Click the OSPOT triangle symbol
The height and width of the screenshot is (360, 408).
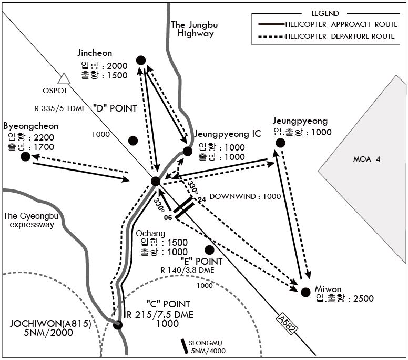[64, 79]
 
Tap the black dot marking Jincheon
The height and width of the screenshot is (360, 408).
[141, 61]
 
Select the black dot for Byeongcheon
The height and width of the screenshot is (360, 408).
[25, 156]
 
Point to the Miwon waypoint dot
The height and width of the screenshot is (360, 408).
[306, 292]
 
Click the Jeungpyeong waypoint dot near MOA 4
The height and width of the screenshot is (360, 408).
[280, 143]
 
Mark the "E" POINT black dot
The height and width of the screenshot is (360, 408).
[209, 250]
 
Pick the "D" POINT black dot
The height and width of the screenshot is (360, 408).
[133, 141]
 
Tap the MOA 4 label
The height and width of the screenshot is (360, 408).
[366, 159]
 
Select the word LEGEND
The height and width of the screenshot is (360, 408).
[325, 13]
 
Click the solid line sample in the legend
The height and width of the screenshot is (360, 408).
[271, 24]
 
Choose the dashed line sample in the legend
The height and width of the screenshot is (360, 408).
[271, 37]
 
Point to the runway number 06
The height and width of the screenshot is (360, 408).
[168, 217]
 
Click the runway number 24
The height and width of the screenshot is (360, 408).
[202, 200]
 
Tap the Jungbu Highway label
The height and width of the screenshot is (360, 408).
[195, 29]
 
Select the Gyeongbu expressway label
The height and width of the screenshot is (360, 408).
[30, 220]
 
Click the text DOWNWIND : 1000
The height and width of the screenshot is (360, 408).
[245, 196]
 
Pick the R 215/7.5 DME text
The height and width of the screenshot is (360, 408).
[160, 315]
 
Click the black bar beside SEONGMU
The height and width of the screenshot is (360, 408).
[185, 346]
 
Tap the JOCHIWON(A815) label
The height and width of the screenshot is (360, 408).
[50, 324]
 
